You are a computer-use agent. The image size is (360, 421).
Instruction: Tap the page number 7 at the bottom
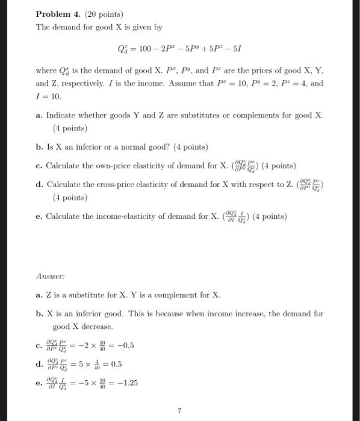[179, 411]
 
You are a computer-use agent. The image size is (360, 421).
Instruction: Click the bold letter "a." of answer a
[39, 295]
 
